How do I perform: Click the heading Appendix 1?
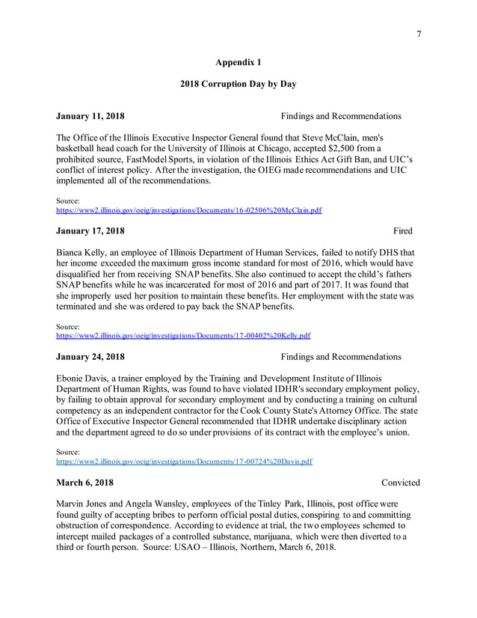click(238, 61)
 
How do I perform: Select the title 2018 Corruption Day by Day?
click(238, 84)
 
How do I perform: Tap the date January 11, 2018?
click(90, 116)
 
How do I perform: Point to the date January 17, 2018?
click(90, 230)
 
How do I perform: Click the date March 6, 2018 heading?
click(85, 483)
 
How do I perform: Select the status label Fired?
click(403, 230)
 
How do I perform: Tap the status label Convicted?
click(400, 483)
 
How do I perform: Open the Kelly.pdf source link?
click(183, 336)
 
